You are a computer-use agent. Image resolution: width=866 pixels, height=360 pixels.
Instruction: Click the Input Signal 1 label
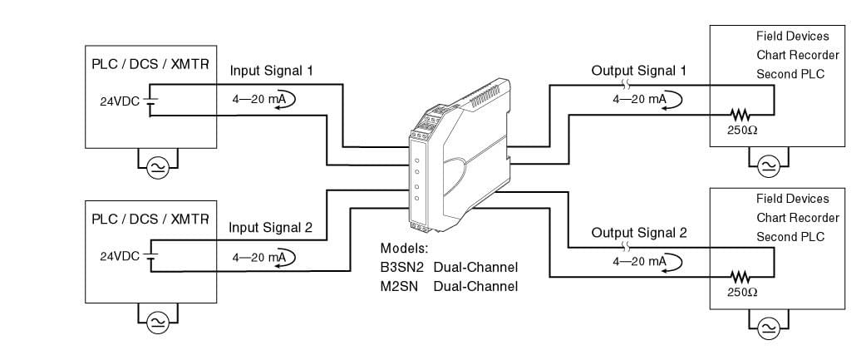coord(271,71)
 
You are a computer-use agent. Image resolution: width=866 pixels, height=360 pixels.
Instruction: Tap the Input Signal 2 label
coord(271,227)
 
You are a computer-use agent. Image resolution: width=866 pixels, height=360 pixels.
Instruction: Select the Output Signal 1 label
coord(638,71)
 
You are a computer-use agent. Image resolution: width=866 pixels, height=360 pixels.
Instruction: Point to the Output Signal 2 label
coord(638,233)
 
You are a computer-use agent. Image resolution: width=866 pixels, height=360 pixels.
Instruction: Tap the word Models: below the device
coord(404,249)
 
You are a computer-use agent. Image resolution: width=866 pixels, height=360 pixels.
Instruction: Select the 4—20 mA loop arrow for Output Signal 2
coord(673,262)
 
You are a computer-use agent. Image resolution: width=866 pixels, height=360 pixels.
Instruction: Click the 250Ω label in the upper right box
coord(742,131)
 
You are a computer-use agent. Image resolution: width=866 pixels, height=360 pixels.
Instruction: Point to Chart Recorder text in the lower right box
coord(797,218)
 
